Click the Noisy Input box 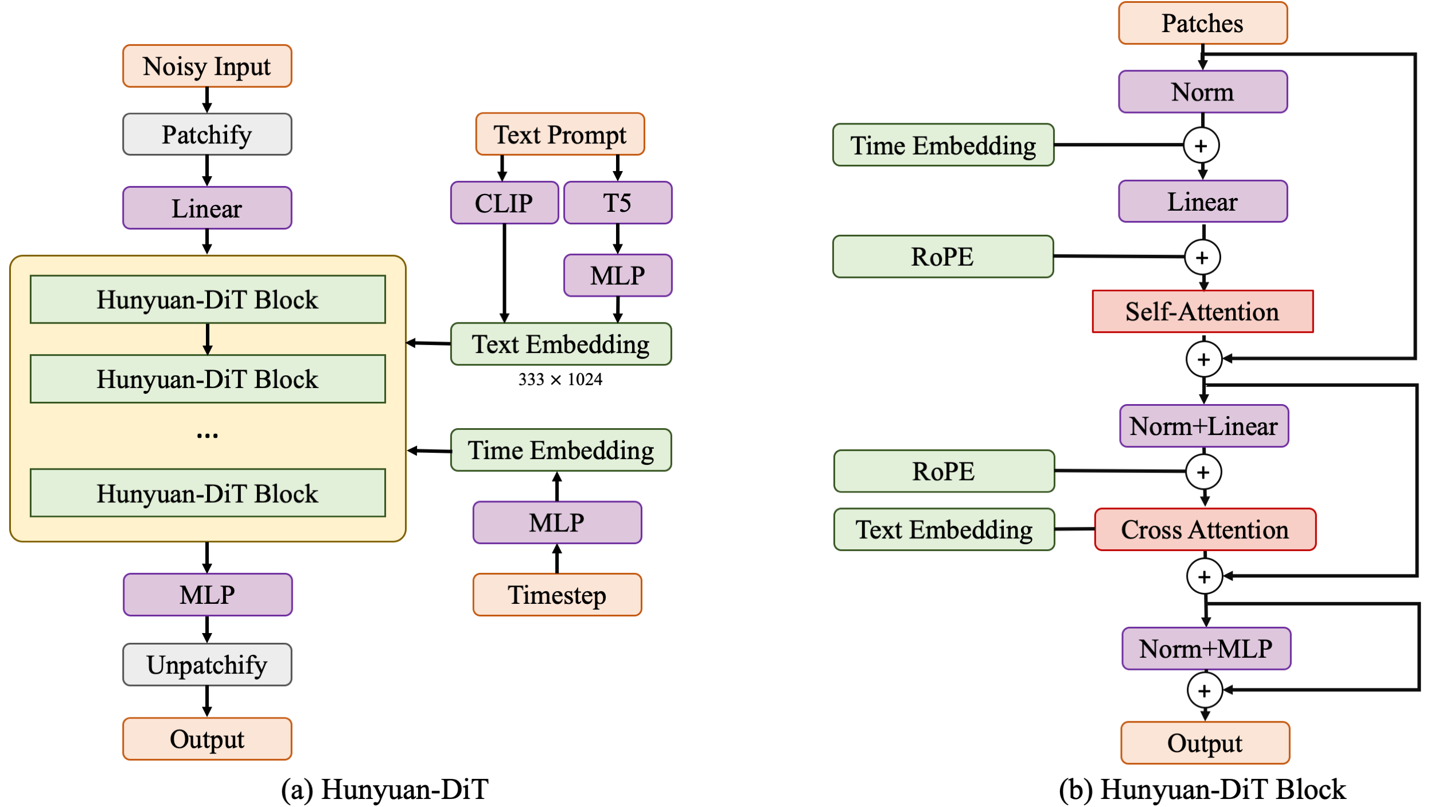(x=207, y=66)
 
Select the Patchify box (x=207, y=134)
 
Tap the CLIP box (x=504, y=203)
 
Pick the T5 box (x=618, y=203)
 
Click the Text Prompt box (x=560, y=134)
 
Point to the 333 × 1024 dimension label (x=560, y=379)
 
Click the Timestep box (x=557, y=595)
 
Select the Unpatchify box (x=207, y=665)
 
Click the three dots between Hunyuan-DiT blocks (x=207, y=436)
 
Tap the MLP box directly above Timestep (x=557, y=523)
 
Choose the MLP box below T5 (x=618, y=276)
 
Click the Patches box (x=1203, y=23)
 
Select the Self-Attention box (x=1202, y=312)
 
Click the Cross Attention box (x=1205, y=529)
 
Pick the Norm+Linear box (x=1204, y=426)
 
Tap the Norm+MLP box (x=1206, y=649)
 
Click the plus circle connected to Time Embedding (x=1201, y=146)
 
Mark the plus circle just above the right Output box (x=1205, y=690)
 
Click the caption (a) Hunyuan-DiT (x=385, y=789)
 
